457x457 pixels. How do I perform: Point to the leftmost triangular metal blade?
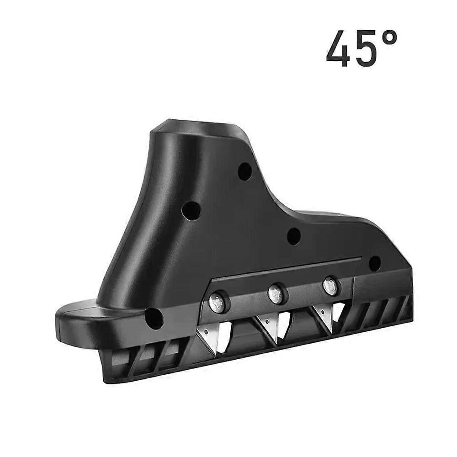tap(207, 338)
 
